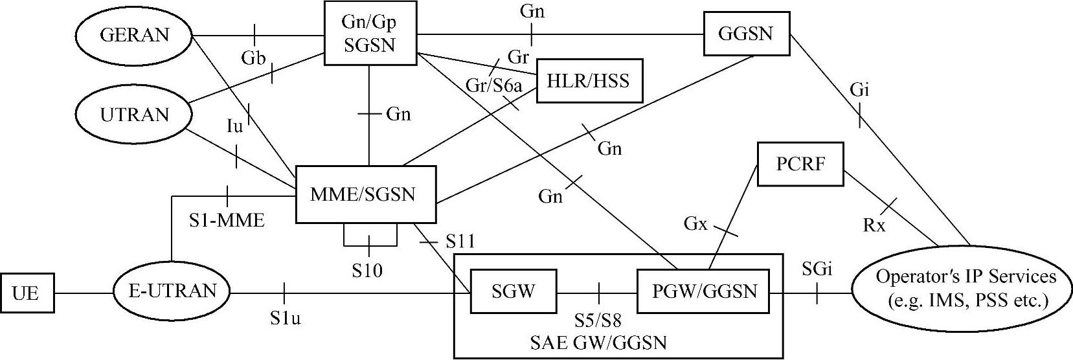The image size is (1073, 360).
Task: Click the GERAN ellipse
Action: click(135, 35)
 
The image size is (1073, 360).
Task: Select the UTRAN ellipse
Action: click(134, 115)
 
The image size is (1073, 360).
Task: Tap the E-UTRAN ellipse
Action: click(172, 291)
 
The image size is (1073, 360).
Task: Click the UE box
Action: click(26, 293)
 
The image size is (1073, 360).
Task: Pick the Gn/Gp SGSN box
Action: click(369, 33)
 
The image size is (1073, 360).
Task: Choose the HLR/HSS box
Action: click(588, 81)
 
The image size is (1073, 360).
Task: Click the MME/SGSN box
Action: click(364, 194)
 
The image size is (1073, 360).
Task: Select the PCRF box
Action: click(800, 164)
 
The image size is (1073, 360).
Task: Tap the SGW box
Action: click(513, 291)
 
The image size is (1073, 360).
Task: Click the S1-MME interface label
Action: click(227, 221)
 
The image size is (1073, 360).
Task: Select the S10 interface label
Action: click(367, 270)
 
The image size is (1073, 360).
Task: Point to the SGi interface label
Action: click(817, 269)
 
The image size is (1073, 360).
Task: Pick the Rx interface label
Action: click(874, 225)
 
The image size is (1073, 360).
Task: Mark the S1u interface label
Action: click(286, 318)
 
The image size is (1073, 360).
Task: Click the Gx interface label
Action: click(695, 224)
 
